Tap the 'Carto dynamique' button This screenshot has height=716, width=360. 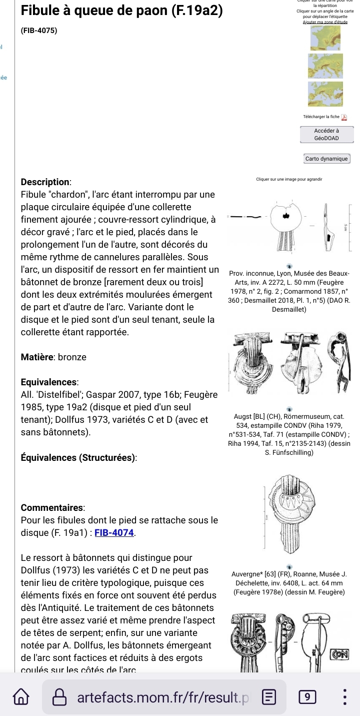tap(327, 159)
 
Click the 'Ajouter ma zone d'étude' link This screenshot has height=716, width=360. tap(325, 22)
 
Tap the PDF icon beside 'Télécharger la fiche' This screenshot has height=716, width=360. tap(344, 117)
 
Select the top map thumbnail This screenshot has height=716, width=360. tap(325, 37)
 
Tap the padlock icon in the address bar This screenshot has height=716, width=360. tap(60, 697)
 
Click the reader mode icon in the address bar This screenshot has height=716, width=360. tap(269, 697)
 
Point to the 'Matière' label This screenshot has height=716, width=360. tap(38, 357)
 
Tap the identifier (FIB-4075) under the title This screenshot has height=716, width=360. tap(39, 31)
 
